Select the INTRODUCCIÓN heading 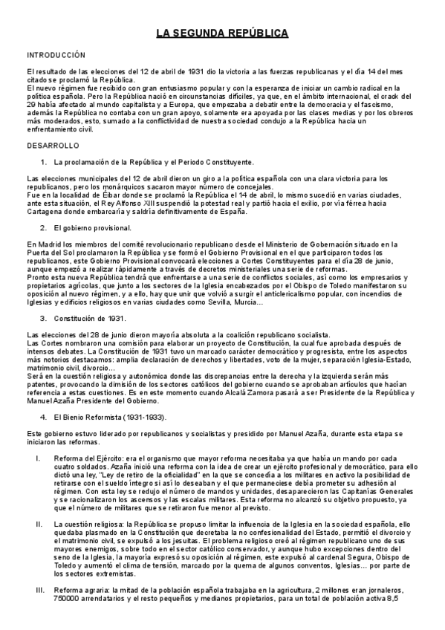[x=56, y=55]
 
